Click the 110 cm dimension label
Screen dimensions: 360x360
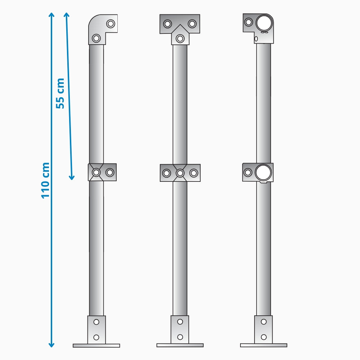[x=45, y=180]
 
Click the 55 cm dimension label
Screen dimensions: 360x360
[x=60, y=93]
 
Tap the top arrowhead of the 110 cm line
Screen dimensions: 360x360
[x=51, y=15]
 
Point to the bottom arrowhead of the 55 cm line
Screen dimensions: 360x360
[x=72, y=177]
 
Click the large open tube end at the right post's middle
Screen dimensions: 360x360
[x=263, y=172]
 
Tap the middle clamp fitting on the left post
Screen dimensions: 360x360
[x=102, y=172]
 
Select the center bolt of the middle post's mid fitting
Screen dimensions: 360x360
[x=180, y=173]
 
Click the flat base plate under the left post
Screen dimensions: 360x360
[x=96, y=346]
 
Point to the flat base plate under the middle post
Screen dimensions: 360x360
[x=180, y=345]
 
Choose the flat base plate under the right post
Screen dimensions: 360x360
[x=264, y=345]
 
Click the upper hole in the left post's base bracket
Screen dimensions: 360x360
[x=96, y=322]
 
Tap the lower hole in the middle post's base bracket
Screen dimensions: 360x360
[x=180, y=337]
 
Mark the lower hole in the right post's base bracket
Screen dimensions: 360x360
[x=264, y=337]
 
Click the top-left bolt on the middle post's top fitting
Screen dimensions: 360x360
[x=167, y=24]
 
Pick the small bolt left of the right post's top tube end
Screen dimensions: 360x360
[x=248, y=22]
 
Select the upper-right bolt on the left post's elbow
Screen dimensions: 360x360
[x=111, y=24]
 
